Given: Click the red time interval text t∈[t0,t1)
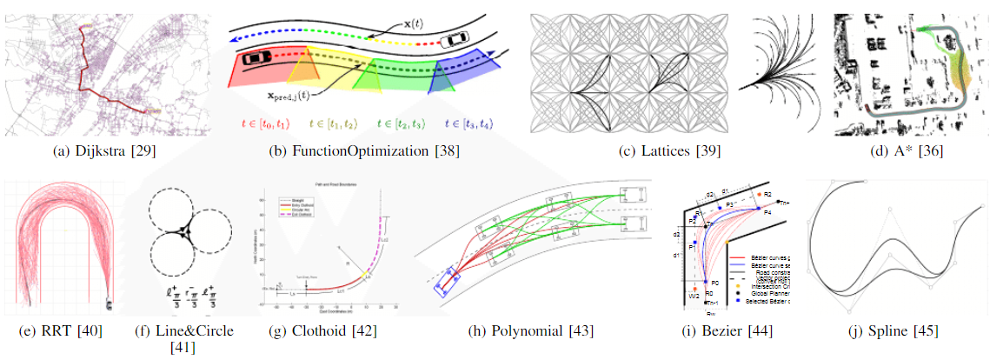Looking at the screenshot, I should [262, 124].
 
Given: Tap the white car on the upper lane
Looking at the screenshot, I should [455, 41].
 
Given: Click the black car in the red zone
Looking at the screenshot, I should [256, 57].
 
